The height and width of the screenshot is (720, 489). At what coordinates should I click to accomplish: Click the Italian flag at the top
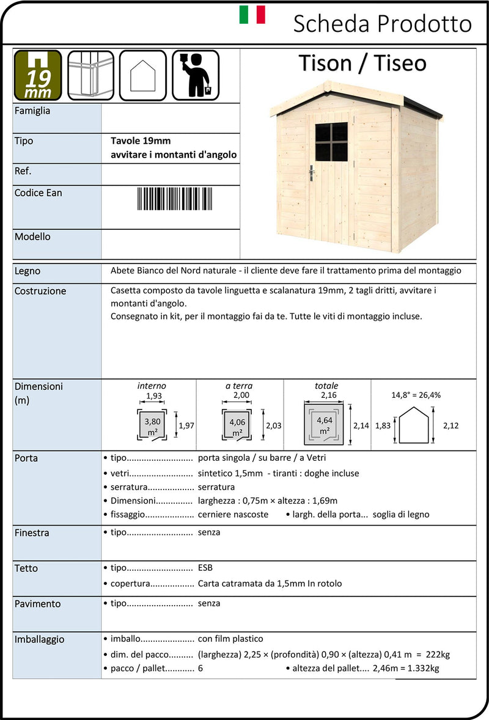pos(252,15)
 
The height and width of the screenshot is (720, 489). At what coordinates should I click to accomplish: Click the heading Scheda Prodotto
pos(382,24)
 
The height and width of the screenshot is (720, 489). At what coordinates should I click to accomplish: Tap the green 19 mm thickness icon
pos(38,75)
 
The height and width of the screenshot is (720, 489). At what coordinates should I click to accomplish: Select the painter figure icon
pos(196,75)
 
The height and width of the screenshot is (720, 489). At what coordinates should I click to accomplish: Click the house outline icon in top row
pos(143,75)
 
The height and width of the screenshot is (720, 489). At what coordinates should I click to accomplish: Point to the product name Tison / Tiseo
pos(362,64)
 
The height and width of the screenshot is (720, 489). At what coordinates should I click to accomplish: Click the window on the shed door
pos(331,142)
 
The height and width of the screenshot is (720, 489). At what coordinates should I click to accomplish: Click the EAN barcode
pos(171,199)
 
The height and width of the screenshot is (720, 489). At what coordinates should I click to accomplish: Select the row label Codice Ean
pos(38,193)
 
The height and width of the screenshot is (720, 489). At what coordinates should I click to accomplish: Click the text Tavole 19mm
pos(136,141)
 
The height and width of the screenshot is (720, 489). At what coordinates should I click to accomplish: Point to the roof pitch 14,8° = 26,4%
pos(416,395)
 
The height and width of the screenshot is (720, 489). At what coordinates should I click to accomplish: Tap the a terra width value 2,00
pos(241,395)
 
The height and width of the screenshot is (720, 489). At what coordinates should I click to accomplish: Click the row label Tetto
pos(26,568)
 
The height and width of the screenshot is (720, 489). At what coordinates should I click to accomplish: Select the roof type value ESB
pos(205,568)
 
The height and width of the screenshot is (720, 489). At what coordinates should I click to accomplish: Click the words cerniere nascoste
pos(233,515)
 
